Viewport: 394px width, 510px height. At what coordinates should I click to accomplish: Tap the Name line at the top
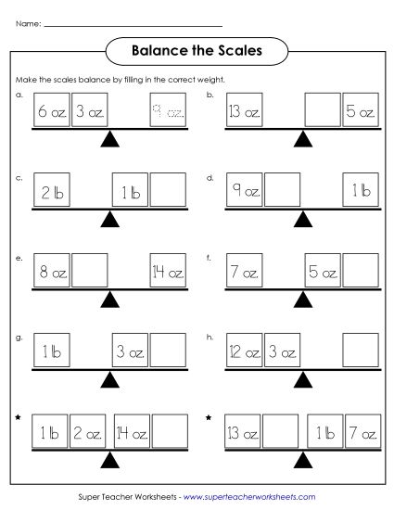click(x=133, y=25)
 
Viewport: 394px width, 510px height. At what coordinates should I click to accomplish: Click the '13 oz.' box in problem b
click(x=245, y=114)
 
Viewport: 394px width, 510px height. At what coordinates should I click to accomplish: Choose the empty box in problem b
click(x=323, y=114)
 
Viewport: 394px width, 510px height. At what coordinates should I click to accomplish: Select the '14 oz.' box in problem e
click(x=168, y=273)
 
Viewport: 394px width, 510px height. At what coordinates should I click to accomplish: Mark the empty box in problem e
click(x=90, y=273)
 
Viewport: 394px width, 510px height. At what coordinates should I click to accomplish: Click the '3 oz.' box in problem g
click(x=129, y=352)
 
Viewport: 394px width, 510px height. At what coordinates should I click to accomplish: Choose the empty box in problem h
click(x=361, y=352)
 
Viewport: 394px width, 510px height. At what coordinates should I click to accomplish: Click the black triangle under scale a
click(x=110, y=140)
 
